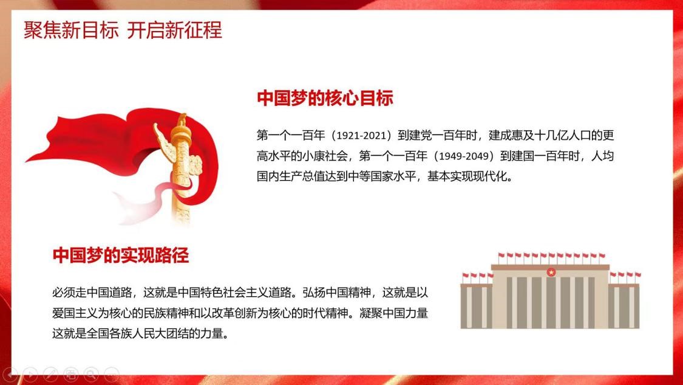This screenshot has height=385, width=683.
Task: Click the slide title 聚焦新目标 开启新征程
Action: click(x=123, y=30)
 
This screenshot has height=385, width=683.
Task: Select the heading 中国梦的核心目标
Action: click(x=325, y=98)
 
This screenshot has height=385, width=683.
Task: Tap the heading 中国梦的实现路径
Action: click(x=121, y=255)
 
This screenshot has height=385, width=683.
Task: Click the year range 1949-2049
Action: click(x=464, y=156)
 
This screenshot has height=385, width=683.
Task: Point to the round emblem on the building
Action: click(x=551, y=272)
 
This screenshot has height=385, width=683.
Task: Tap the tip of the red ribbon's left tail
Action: click(x=26, y=162)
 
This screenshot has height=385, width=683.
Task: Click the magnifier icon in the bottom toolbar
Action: click(x=91, y=374)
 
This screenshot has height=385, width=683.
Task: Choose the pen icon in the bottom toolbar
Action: click(x=50, y=374)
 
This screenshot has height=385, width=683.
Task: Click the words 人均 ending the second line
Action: click(x=602, y=156)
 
